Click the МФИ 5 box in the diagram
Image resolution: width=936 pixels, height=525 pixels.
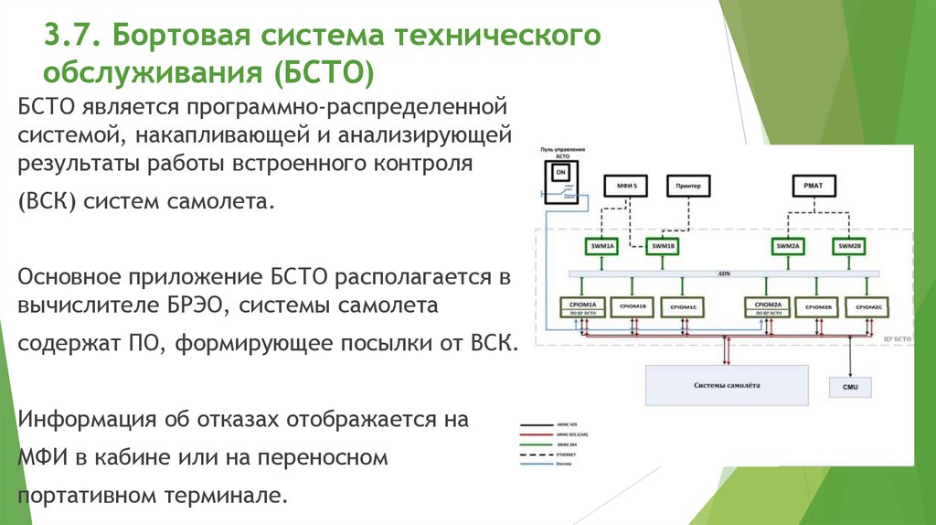point(627,186)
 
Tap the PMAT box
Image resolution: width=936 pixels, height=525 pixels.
point(813,186)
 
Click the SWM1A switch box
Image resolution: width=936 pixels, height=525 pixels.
point(602,246)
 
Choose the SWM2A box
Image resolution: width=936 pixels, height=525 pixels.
point(787,246)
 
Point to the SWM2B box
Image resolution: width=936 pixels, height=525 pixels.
point(849,246)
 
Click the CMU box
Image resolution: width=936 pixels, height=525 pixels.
point(849,387)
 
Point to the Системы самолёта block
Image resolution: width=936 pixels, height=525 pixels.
point(726,385)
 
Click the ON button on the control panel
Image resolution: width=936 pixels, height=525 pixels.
point(561,172)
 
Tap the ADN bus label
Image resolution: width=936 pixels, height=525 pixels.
point(724,273)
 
